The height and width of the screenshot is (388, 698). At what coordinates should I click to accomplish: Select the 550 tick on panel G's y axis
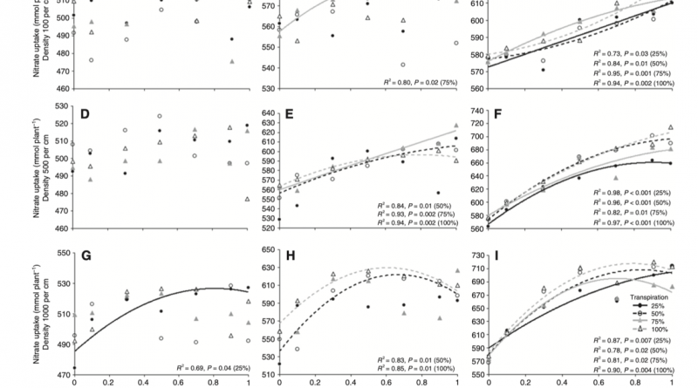click(x=58, y=253)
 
